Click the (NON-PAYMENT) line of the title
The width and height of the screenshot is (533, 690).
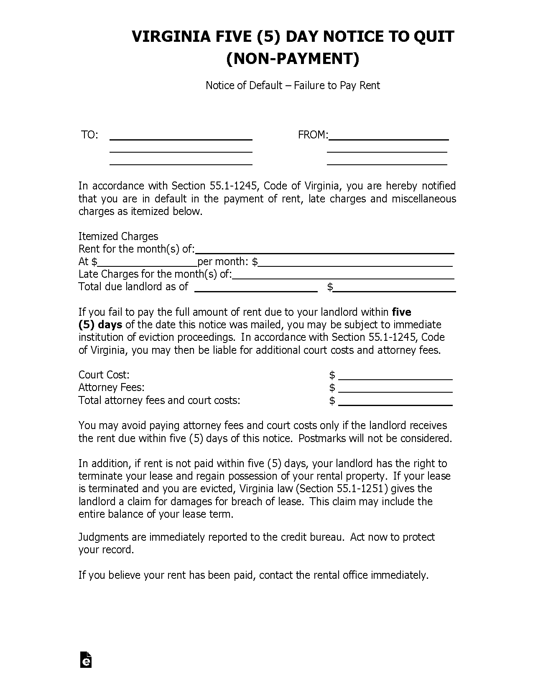(293, 59)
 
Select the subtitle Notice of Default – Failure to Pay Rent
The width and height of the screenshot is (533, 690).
(293, 86)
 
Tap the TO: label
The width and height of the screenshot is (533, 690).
(89, 135)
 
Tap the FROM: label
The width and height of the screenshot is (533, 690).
(313, 135)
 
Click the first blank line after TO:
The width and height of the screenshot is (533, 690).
(181, 138)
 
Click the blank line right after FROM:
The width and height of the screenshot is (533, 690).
(389, 138)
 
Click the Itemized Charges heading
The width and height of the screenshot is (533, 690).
(118, 236)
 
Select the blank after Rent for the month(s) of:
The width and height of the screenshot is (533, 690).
(325, 252)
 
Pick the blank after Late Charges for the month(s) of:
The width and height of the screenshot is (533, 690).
(343, 277)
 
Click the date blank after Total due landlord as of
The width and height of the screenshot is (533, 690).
(256, 290)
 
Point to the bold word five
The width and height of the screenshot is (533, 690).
(402, 312)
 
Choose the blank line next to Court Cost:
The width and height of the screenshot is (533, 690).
(395, 378)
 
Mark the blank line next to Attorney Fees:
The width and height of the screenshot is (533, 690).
(395, 391)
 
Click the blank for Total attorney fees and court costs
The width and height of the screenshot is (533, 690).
(395, 404)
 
